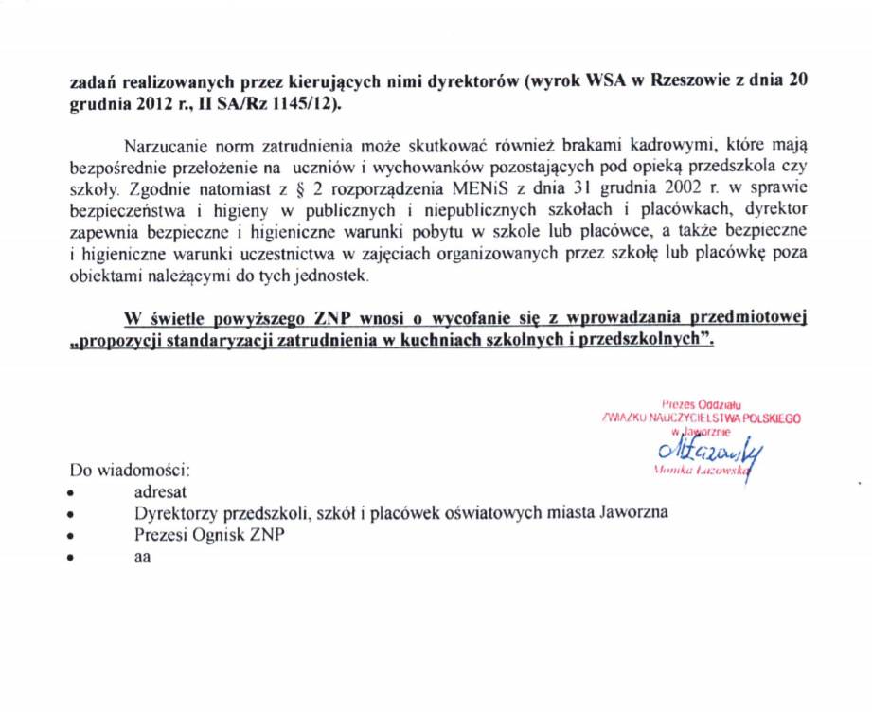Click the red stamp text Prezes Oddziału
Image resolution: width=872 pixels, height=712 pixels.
pos(701,403)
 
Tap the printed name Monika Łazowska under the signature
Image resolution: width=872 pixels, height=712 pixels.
pos(701,470)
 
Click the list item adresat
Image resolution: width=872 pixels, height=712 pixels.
pos(161,491)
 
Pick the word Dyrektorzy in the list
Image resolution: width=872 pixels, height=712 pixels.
pos(176,513)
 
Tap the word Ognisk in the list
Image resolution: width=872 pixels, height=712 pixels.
pos(221,535)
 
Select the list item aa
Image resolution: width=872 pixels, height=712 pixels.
pos(143,557)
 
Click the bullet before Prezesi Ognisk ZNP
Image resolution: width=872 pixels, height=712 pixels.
pos(72,536)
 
